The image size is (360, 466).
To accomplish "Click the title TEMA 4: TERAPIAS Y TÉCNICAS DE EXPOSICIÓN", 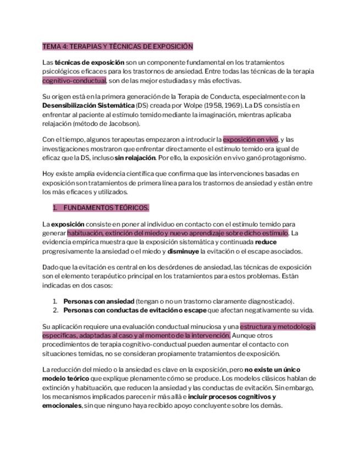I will click(118, 47).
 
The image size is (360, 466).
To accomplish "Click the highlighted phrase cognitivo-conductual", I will click(74, 80).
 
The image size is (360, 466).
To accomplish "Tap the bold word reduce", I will click(266, 242).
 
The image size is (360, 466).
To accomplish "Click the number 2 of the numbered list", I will click(55, 310).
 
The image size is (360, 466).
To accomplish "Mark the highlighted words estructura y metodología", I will click(278, 326).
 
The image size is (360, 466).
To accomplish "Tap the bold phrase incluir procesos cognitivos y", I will click(231, 396).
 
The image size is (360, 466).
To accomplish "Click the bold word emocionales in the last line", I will click(62, 406).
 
